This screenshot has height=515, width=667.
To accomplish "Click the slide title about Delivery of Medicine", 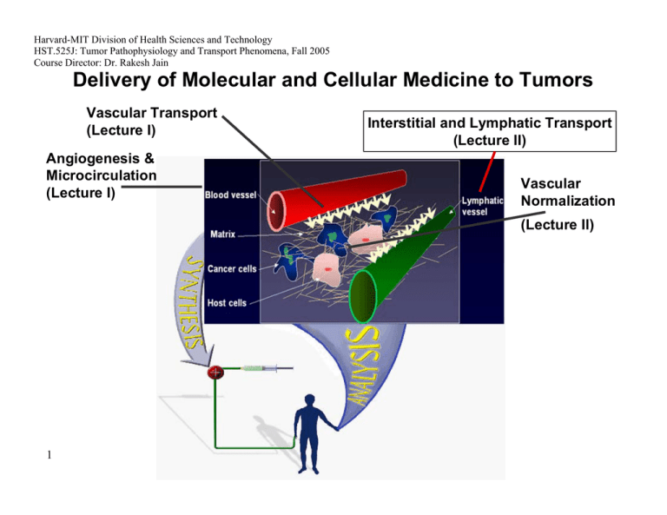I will click(x=333, y=82).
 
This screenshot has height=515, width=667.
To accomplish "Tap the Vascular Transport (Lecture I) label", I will click(x=151, y=121).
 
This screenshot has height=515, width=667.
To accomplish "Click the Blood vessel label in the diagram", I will click(x=230, y=195).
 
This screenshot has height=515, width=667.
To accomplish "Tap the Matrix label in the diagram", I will click(x=223, y=234).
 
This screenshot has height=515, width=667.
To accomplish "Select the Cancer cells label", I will click(x=231, y=268).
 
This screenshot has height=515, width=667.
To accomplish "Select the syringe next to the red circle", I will click(x=255, y=371).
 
